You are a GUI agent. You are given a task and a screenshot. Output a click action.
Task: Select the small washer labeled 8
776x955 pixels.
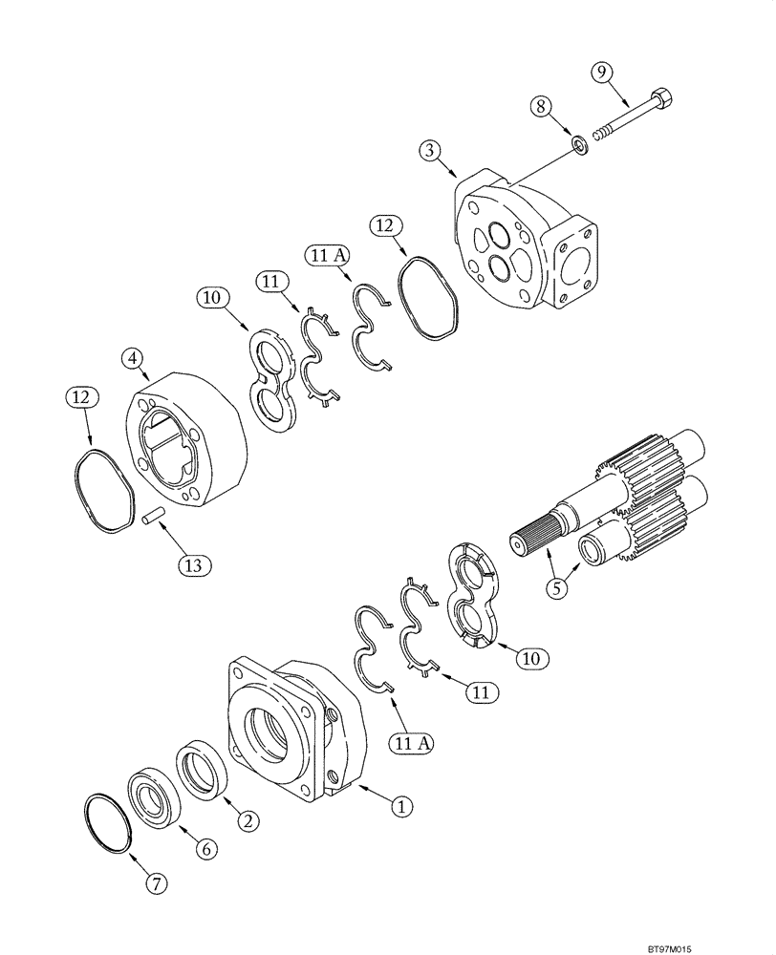578,143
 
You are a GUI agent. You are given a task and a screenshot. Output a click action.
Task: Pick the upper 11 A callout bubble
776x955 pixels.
326,255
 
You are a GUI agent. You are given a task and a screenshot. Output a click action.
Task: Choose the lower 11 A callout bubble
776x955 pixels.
411,740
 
